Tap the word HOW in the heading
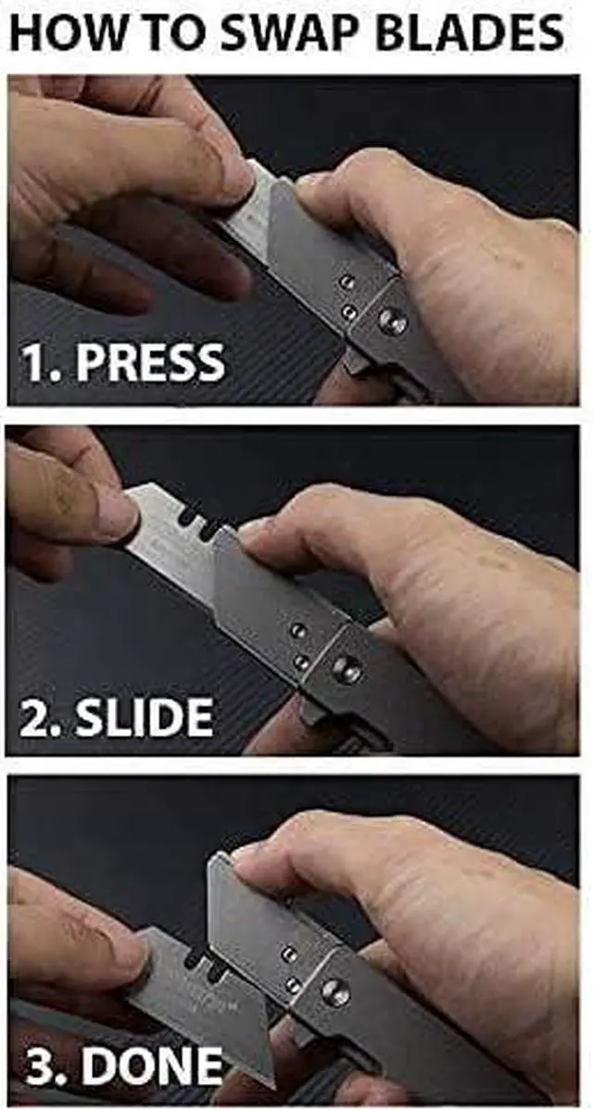(60, 33)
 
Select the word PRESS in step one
(150, 361)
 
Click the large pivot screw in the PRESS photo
(392, 322)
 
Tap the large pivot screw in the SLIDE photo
(347, 669)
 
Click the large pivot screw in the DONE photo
(335, 992)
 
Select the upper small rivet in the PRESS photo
(347, 282)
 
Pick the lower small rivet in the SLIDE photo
(302, 662)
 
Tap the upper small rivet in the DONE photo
(290, 953)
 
